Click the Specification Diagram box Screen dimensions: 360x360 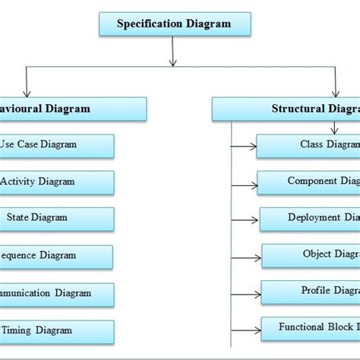pyautogui.click(x=173, y=24)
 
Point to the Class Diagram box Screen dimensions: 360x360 pyautogui.click(x=308, y=145)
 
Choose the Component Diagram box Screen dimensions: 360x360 pyautogui.click(x=308, y=182)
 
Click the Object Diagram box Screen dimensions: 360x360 pyautogui.click(x=311, y=255)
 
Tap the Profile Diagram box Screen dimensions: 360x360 pyautogui.click(x=311, y=292)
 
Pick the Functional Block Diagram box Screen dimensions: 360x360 pyautogui.click(x=310, y=328)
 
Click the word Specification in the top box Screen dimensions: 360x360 pyautogui.click(x=149, y=24)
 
